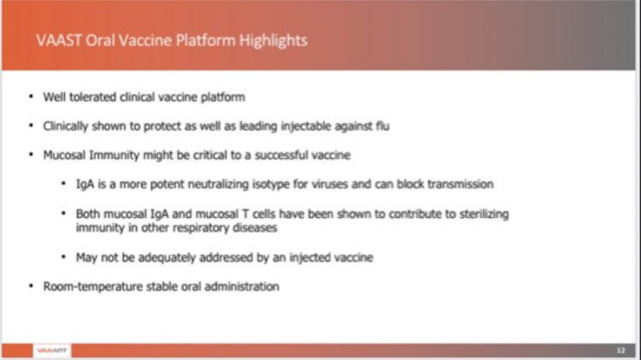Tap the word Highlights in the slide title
[273, 39]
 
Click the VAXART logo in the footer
[52, 350]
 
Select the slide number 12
[620, 350]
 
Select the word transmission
[460, 184]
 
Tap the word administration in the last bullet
[242, 286]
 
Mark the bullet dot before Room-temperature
[32, 287]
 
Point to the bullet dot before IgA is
[65, 185]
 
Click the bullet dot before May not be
[65, 257]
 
